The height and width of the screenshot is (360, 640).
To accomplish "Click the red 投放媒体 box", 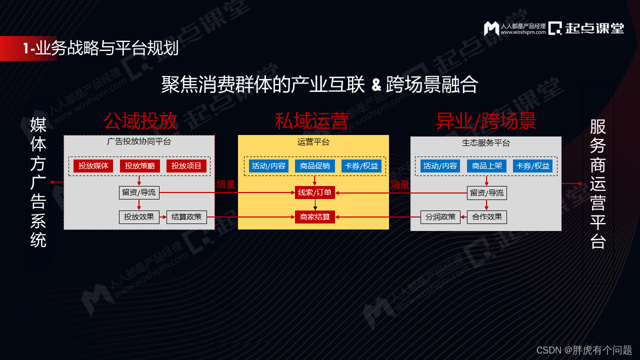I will tap(93, 166).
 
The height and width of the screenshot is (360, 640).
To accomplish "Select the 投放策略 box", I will tap(139, 166).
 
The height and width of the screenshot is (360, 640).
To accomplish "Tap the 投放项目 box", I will tap(186, 166).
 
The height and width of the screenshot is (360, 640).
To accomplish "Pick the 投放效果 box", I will tap(139, 217).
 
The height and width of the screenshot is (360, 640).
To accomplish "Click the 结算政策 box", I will tap(186, 217).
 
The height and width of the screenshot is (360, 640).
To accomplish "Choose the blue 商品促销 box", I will tap(314, 166).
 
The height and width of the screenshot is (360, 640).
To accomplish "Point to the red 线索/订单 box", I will tap(315, 192).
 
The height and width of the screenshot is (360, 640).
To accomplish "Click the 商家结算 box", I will tap(315, 217).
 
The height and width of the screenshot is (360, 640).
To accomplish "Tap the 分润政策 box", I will tap(440, 217).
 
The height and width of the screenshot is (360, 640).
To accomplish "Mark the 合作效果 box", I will tap(487, 217).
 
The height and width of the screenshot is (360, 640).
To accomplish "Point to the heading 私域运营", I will tap(311, 121).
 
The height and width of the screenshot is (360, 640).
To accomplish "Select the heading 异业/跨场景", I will tap(486, 121).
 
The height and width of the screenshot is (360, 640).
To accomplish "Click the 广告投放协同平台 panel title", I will tap(139, 141).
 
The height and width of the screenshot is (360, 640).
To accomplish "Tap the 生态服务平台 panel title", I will tap(486, 143).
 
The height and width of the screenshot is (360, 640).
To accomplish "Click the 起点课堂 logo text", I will tap(594, 28).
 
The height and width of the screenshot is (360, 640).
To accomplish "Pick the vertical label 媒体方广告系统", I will tap(38, 182).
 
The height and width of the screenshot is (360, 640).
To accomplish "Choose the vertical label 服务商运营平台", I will tap(598, 183).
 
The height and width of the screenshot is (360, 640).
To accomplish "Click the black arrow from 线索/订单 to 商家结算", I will tap(315, 204).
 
